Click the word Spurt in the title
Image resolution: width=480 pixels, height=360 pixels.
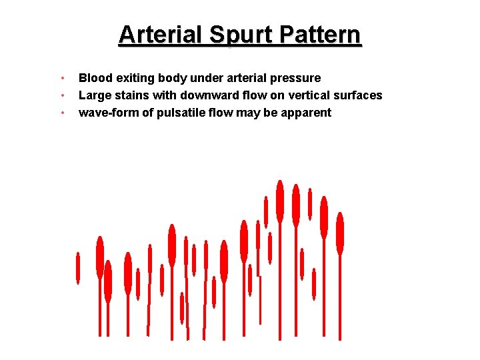(x=235, y=35)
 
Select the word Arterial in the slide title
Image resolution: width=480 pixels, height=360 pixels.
(x=161, y=35)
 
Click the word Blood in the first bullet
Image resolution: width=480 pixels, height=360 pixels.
(x=95, y=78)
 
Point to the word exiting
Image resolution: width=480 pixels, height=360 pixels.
(x=134, y=78)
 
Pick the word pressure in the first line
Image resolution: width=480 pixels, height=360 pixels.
(x=295, y=78)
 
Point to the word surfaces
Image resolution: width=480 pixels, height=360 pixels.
(x=359, y=95)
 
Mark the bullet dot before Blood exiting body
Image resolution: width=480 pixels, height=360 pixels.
(x=62, y=79)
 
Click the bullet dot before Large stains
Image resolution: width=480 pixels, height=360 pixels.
(x=62, y=96)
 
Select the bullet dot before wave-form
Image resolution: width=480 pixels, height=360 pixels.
(x=62, y=113)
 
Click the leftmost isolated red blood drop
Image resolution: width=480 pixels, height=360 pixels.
(x=78, y=268)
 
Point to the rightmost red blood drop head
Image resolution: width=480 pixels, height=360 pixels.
(x=340, y=233)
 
